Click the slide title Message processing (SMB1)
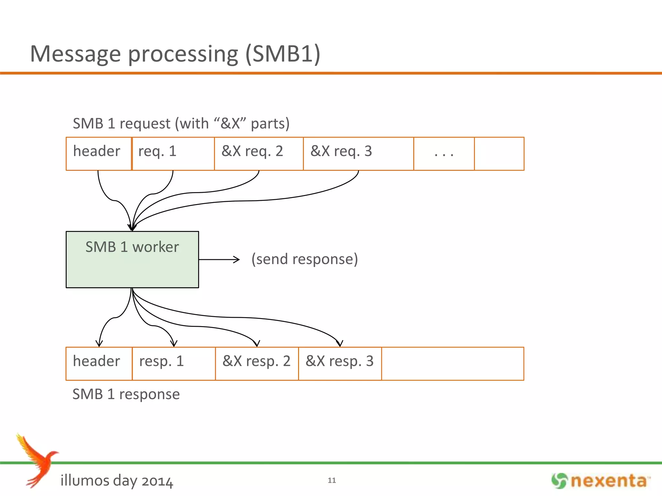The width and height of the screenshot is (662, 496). (175, 54)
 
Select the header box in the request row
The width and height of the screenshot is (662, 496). (98, 153)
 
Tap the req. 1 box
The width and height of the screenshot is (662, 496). (173, 153)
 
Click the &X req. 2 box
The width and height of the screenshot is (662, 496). (259, 153)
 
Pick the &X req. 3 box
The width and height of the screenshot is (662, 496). (358, 153)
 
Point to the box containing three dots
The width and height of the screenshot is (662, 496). (444, 153)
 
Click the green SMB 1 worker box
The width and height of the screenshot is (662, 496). (132, 259)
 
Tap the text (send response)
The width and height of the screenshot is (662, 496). (304, 259)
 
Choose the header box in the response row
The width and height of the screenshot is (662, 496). (99, 364)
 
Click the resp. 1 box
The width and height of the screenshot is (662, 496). (174, 364)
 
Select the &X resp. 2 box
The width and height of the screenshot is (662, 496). (257, 364)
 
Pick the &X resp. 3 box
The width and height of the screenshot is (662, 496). (340, 364)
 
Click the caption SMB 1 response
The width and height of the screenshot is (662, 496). (126, 394)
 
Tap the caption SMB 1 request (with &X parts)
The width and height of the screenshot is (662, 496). (181, 124)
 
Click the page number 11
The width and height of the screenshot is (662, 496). (332, 480)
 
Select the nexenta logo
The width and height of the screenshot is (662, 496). (601, 480)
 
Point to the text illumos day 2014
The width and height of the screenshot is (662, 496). (117, 480)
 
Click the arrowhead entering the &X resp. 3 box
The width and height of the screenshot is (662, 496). (339, 344)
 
